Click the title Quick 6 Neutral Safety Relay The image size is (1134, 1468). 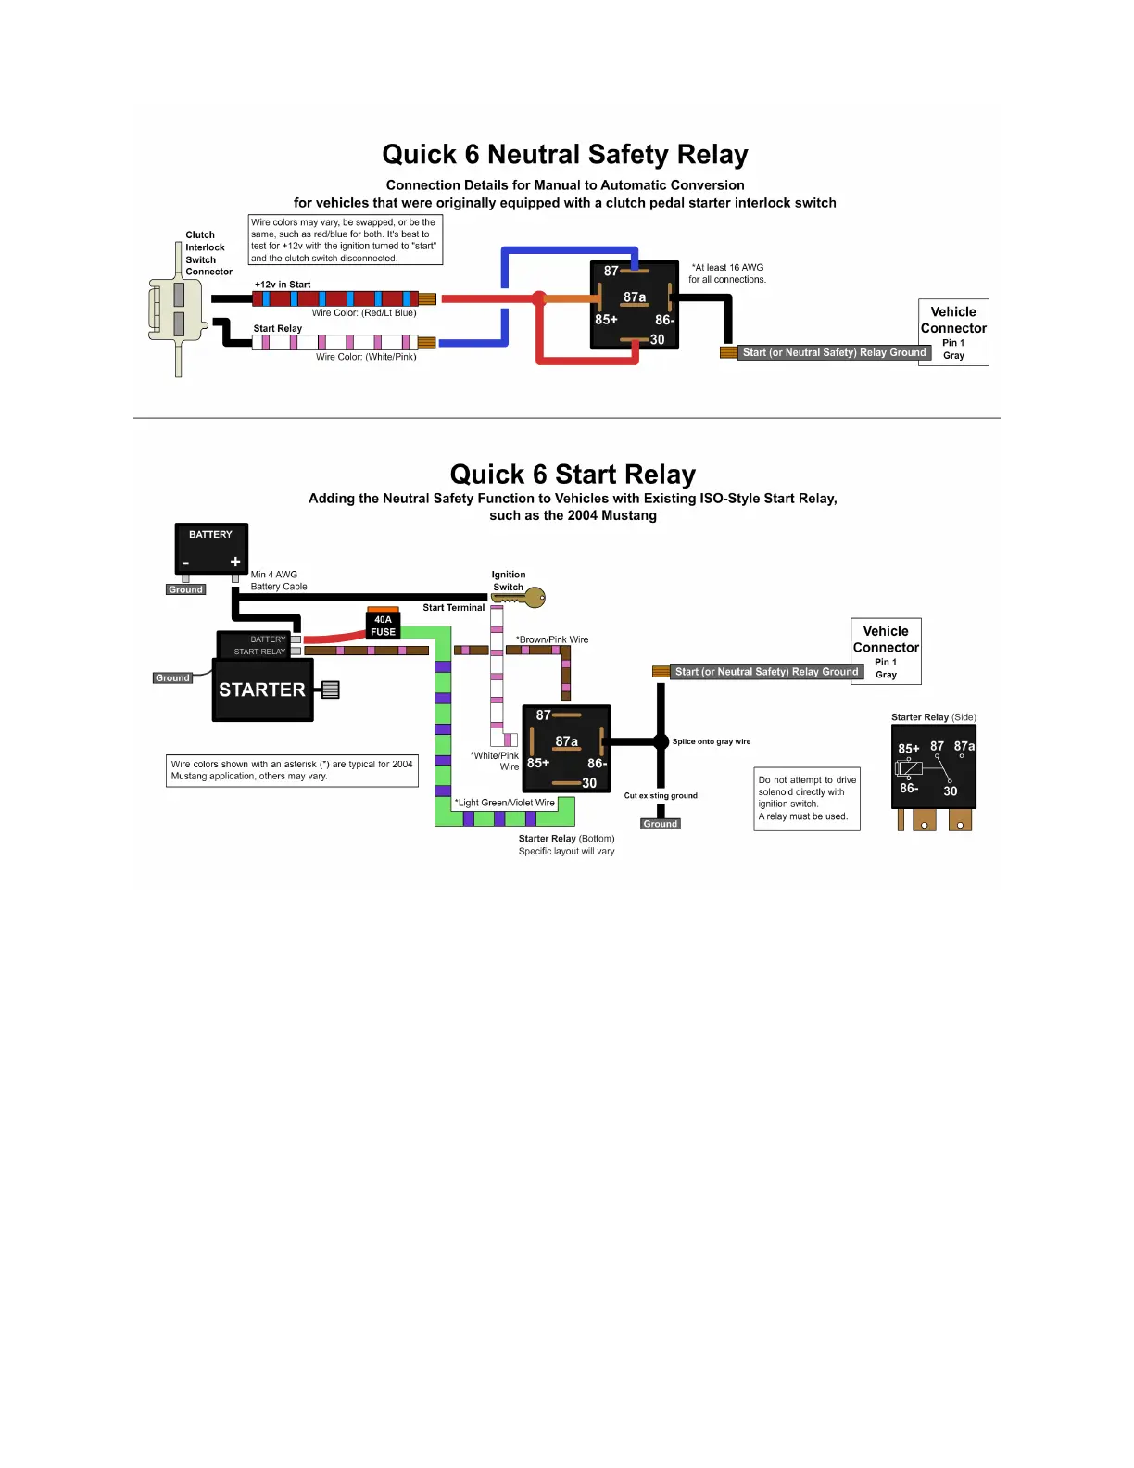(565, 155)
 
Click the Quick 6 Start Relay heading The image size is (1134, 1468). (573, 475)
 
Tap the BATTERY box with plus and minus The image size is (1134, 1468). (211, 549)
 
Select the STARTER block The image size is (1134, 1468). (263, 690)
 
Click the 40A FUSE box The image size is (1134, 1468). (383, 626)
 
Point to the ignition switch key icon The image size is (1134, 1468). (530, 599)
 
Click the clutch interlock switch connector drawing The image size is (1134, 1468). (176, 310)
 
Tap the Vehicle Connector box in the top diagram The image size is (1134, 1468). (953, 332)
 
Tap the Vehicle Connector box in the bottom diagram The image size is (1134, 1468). (886, 651)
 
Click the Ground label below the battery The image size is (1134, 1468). (185, 589)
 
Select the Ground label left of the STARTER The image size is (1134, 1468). (172, 678)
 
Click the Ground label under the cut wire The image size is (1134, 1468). (661, 824)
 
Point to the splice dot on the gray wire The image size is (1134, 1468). (661, 741)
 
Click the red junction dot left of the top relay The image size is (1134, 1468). (539, 298)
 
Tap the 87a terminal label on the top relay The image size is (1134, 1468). (635, 297)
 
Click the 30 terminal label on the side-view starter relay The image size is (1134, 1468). (951, 791)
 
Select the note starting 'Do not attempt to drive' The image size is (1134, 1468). (807, 798)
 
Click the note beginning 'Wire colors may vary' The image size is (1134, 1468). (345, 240)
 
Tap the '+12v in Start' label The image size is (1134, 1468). (283, 285)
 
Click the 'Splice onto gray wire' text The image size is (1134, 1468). (712, 741)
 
